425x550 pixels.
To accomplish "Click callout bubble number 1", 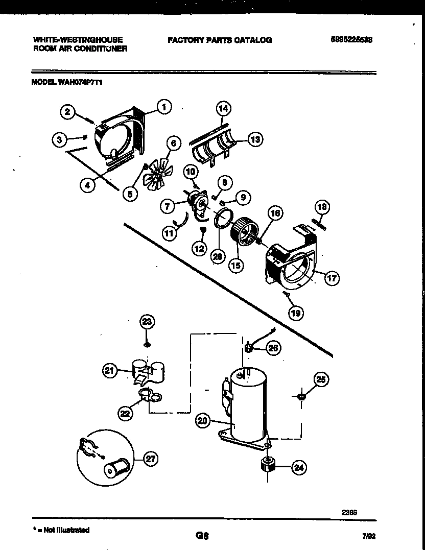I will pyautogui.click(x=163, y=107).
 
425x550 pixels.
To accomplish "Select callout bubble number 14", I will pyautogui.click(x=223, y=108).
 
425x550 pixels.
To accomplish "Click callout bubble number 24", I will pyautogui.click(x=299, y=467).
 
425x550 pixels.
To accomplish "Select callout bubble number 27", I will pyautogui.click(x=150, y=459).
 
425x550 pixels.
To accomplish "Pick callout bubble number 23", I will pyautogui.click(x=147, y=321).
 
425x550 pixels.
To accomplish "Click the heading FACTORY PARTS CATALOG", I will pyautogui.click(x=219, y=39).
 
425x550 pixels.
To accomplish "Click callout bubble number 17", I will pyautogui.click(x=332, y=278).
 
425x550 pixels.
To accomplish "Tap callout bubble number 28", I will pyautogui.click(x=218, y=257).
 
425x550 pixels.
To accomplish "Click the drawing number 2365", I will pyautogui.click(x=349, y=512).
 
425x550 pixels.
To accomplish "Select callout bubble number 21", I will pyautogui.click(x=110, y=371).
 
